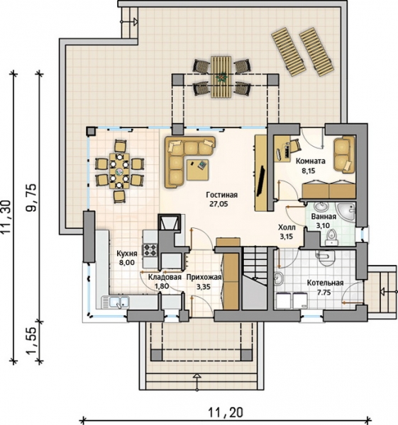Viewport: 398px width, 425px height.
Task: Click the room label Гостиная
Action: point(222,195)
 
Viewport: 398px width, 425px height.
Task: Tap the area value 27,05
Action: point(219,204)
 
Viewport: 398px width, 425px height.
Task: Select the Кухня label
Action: point(127,254)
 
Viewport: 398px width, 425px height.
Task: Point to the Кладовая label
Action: point(165,277)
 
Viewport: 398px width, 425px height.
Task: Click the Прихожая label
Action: point(204,277)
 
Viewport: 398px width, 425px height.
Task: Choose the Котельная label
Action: point(325,283)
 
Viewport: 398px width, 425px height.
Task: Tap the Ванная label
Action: point(324,217)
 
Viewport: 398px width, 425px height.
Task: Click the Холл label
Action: point(287,227)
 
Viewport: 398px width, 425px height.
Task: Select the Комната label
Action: point(311,161)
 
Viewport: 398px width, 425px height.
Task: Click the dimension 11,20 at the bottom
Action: point(226,413)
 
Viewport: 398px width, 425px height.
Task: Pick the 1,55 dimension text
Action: point(31,341)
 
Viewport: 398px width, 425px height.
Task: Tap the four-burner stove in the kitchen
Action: point(150,250)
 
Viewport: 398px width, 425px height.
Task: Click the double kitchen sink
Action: point(116,302)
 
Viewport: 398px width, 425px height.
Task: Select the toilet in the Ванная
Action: point(331,235)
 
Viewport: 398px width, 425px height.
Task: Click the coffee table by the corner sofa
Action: point(197,170)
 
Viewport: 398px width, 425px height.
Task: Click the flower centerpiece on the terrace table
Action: point(222,76)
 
